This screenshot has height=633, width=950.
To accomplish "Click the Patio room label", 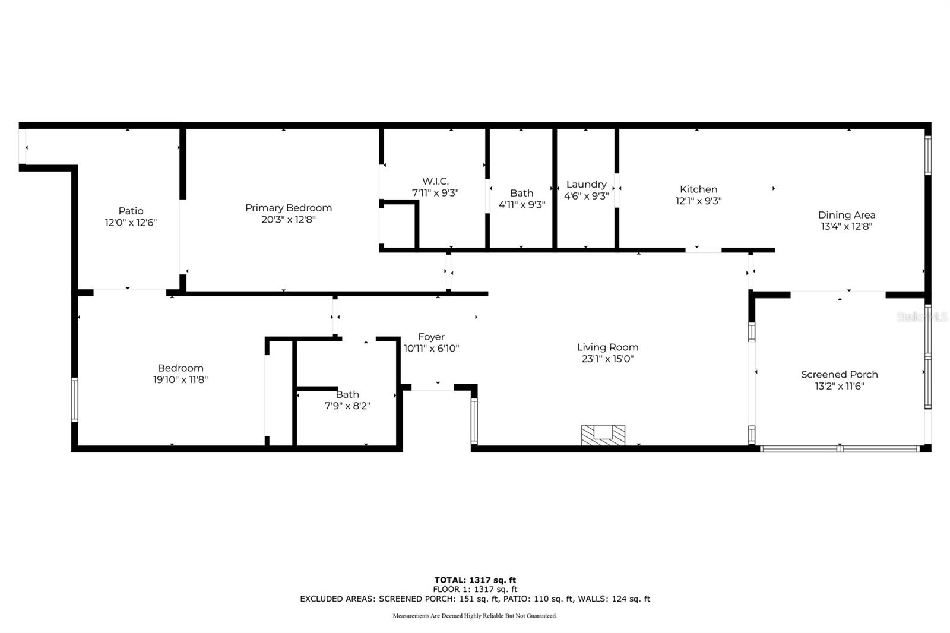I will click(131, 211).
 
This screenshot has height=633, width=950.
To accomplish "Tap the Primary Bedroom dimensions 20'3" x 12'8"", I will click(289, 220).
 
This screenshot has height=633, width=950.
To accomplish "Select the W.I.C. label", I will click(435, 181).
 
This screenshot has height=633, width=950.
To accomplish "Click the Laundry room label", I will click(586, 185).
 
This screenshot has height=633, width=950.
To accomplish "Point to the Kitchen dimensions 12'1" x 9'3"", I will click(698, 201).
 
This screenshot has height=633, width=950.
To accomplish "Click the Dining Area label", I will click(846, 215).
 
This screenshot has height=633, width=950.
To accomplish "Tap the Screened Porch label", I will click(839, 375).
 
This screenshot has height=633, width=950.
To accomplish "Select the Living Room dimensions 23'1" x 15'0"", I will click(607, 359).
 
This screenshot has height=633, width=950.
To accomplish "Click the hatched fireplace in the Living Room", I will click(603, 435).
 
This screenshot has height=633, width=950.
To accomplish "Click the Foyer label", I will click(431, 337).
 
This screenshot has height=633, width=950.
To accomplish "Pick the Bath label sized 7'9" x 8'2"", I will click(347, 394).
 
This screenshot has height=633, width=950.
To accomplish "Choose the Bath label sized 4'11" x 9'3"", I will click(521, 193).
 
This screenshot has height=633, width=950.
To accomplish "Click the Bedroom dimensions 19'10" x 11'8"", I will click(180, 380).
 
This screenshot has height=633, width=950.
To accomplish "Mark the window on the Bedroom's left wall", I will click(75, 400).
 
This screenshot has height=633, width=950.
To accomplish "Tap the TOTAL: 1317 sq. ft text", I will click(475, 580).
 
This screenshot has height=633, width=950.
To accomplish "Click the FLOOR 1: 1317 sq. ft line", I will click(475, 590).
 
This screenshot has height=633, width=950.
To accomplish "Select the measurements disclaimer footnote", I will click(475, 616).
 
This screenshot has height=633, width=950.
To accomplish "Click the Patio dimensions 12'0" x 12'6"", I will click(131, 223).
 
